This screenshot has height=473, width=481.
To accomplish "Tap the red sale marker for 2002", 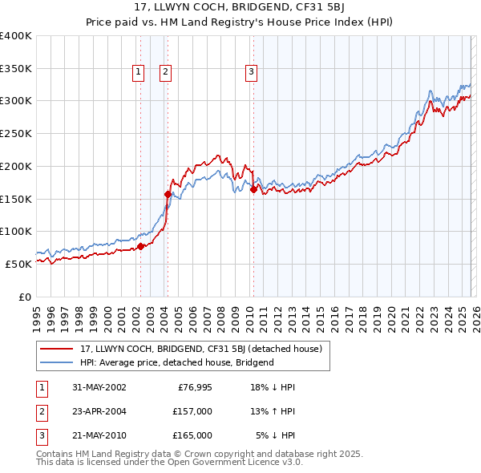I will pyautogui.click(x=140, y=246).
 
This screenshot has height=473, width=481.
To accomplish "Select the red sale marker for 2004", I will pyautogui.click(x=168, y=193).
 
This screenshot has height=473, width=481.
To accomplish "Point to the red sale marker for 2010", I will pyautogui.click(x=253, y=190).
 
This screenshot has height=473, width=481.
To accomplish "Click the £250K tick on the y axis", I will pyautogui.click(x=16, y=134).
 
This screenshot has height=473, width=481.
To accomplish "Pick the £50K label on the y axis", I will pyautogui.click(x=18, y=264).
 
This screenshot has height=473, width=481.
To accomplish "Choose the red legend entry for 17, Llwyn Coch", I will pyautogui.click(x=200, y=349).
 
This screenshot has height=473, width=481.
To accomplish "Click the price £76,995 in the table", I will pyautogui.click(x=192, y=387).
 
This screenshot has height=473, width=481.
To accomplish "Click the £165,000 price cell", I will pyautogui.click(x=192, y=435).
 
